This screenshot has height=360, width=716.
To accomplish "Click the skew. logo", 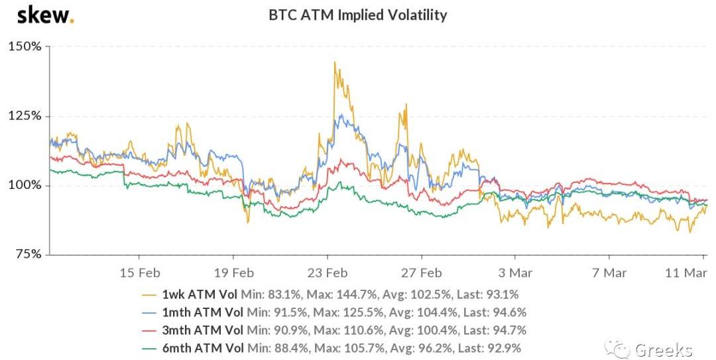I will pyautogui.click(x=45, y=15).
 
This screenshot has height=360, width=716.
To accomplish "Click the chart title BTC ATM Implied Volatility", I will pyautogui.click(x=358, y=15).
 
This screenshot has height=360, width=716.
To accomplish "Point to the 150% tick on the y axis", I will pyautogui.click(x=25, y=46).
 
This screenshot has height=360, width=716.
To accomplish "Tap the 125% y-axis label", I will pyautogui.click(x=25, y=116).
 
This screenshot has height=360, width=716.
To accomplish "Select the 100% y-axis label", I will pyautogui.click(x=25, y=185).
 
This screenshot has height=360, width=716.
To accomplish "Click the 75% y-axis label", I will pyautogui.click(x=28, y=254).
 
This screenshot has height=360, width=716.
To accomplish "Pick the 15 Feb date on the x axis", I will pyautogui.click(x=140, y=272).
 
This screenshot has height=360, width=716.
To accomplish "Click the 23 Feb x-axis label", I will pyautogui.click(x=329, y=272).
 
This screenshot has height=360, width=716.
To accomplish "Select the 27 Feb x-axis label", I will pyautogui.click(x=423, y=272).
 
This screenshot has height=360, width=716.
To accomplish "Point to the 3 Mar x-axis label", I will pyautogui.click(x=515, y=272).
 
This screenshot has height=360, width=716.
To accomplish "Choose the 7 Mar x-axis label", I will pyautogui.click(x=609, y=272).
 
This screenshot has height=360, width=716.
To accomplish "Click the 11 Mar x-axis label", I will pyautogui.click(x=686, y=272).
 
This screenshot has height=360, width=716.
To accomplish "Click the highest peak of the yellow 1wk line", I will pyautogui.click(x=335, y=62).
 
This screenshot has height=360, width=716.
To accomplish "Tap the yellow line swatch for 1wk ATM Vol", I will pyautogui.click(x=150, y=295).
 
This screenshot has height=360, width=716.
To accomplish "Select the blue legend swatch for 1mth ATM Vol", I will pyautogui.click(x=150, y=312).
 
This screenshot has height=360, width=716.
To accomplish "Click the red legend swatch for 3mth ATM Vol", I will pyautogui.click(x=150, y=330).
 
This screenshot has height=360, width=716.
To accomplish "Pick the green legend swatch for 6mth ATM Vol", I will pyautogui.click(x=150, y=347).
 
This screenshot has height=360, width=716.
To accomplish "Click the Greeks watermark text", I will pyautogui.click(x=663, y=349).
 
